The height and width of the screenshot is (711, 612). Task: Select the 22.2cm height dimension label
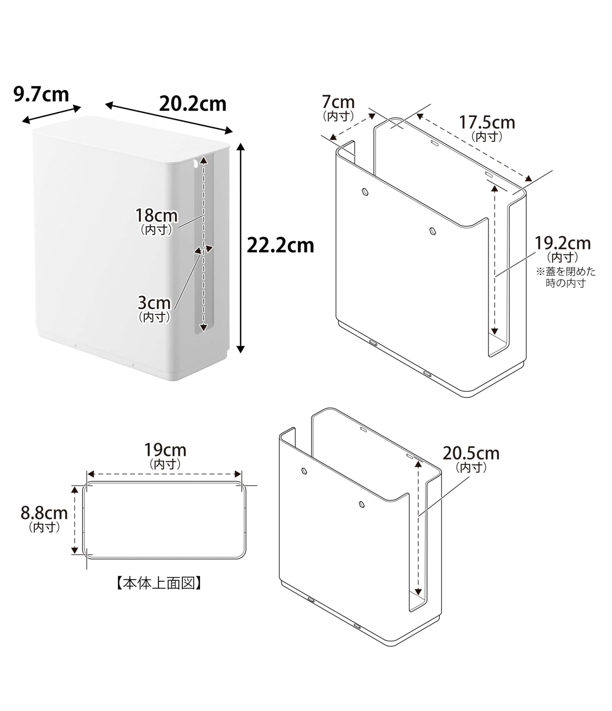pyautogui.click(x=280, y=246)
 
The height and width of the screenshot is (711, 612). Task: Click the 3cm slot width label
pyautogui.click(x=154, y=303)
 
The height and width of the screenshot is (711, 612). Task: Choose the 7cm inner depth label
pyautogui.click(x=338, y=102)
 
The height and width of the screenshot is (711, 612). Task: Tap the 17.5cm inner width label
pyautogui.click(x=487, y=122)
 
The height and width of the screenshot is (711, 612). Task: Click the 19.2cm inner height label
pyautogui.click(x=563, y=243)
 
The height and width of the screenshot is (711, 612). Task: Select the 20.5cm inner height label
pyautogui.click(x=471, y=453)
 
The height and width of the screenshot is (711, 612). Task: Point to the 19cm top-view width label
pyautogui.click(x=165, y=450)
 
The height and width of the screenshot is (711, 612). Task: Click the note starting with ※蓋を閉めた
pyautogui.click(x=566, y=277)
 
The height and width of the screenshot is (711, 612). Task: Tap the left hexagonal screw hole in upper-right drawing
pyautogui.click(x=365, y=191)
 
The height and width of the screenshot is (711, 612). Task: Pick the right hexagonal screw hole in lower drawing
pyautogui.click(x=361, y=504)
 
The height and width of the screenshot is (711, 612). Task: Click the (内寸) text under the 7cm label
pyautogui.click(x=338, y=116)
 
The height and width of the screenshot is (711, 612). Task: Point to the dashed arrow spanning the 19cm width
pyautogui.click(x=164, y=474)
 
